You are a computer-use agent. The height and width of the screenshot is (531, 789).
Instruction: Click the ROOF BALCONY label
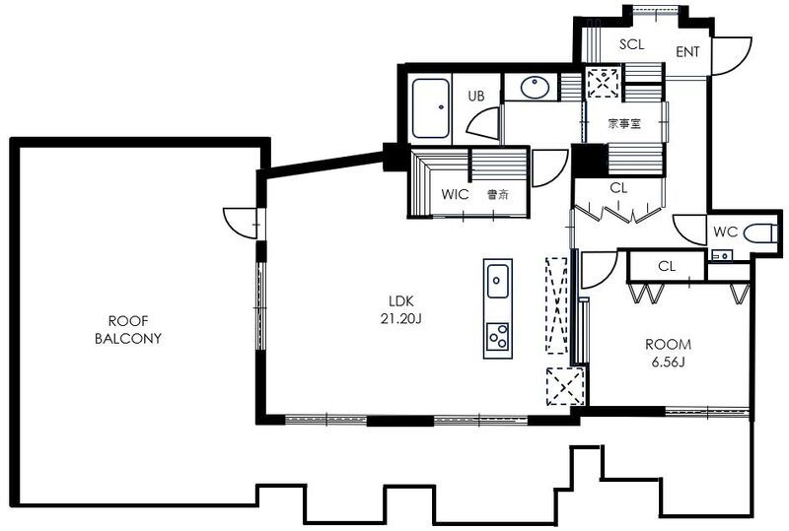tap(128, 329)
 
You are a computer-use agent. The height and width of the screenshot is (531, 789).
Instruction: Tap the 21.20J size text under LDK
tap(401, 319)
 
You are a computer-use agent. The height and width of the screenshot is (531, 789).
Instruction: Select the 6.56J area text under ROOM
tap(669, 363)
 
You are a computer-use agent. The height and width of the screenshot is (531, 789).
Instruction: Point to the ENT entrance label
tap(687, 52)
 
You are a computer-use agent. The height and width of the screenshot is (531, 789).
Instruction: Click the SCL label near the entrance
tap(631, 44)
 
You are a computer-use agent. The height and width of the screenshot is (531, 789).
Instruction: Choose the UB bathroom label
tap(476, 96)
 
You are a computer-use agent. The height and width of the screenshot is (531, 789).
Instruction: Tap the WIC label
tap(455, 195)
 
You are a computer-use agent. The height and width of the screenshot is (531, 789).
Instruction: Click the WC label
tap(725, 232)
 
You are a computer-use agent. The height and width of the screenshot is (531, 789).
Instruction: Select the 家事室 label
tap(624, 123)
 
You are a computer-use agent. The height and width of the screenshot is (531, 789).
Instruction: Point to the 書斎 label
tap(498, 195)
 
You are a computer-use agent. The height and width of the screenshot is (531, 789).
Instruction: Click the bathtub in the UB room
tap(431, 108)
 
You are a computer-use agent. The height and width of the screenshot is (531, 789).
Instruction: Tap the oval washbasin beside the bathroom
tap(535, 88)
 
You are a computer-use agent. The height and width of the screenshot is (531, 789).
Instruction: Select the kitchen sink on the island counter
tap(498, 281)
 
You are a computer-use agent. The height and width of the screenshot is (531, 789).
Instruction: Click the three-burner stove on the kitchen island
tap(498, 336)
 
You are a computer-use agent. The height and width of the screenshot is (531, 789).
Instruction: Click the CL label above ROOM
tap(667, 267)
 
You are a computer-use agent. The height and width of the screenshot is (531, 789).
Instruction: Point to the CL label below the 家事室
tap(618, 188)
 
